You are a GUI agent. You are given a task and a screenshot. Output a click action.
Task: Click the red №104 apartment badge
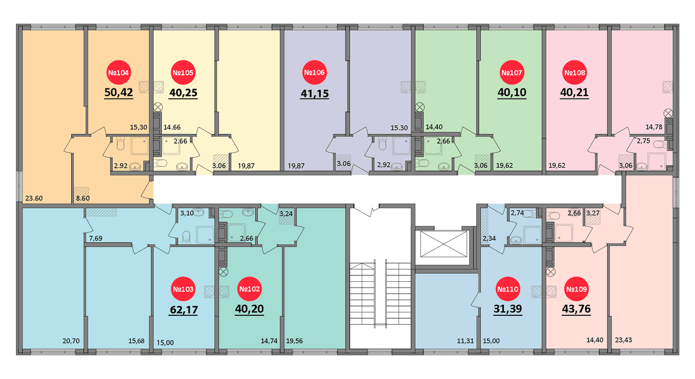point(118,72)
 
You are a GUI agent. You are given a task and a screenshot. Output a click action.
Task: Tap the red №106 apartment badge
point(314,72)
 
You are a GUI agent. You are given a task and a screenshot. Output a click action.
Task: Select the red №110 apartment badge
point(507,289)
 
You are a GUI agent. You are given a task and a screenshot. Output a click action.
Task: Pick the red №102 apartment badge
point(249,289)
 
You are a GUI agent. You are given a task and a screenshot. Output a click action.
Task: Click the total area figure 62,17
point(184,310)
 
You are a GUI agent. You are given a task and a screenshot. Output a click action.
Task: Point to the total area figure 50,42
point(119,93)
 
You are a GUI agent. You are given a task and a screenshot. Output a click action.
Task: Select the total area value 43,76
point(576,309)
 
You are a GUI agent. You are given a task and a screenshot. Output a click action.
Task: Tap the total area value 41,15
point(314,93)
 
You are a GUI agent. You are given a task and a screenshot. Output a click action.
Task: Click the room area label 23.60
point(34,198)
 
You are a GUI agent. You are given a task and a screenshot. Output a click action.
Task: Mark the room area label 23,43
point(623,340)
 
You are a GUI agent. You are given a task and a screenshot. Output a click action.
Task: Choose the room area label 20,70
point(71,341)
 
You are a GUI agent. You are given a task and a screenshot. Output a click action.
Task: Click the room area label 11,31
point(465,341)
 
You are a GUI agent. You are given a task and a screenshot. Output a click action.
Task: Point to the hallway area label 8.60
point(83,198)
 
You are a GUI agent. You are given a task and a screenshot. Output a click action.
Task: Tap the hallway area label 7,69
point(96,238)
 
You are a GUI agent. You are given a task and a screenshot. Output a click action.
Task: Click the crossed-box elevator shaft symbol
point(444,244)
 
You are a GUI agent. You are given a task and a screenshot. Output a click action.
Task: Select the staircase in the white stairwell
point(381,294)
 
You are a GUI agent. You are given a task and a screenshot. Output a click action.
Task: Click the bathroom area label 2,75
point(643,141)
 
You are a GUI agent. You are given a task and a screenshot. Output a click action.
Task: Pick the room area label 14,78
point(654,127)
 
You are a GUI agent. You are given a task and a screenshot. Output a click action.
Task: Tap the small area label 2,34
point(489,238)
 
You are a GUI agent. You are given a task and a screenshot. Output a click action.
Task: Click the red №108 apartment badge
point(575,72)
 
